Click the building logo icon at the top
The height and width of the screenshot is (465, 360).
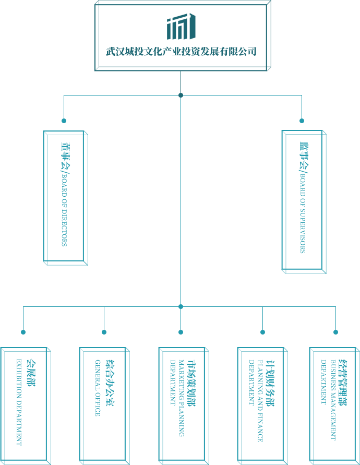coord(181,27)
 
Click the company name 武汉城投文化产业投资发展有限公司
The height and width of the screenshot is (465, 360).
coord(181,52)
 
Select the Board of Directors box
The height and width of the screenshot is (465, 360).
coord(65,197)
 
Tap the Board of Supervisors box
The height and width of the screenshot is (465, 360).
coord(304,201)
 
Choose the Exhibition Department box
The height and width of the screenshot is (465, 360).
coord(25,404)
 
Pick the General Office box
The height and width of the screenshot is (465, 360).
coord(103,404)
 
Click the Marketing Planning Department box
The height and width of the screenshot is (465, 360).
coord(183,404)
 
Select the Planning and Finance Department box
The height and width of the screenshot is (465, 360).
coord(262,404)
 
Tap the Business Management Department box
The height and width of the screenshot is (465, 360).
coord(334,404)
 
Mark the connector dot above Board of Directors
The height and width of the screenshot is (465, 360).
coord(64,121)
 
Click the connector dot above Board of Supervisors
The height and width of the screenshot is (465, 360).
coord(302,121)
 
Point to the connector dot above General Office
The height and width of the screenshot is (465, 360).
coord(104,332)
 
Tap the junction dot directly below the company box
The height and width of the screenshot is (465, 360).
coord(181,95)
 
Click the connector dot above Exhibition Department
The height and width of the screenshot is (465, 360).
coord(23,332)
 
